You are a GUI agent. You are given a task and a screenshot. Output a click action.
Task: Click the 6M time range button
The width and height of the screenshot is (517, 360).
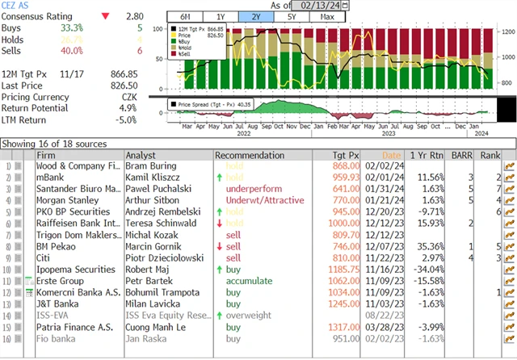[x=184, y=17]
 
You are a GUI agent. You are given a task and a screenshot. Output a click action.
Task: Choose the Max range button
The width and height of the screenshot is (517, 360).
[x=328, y=17]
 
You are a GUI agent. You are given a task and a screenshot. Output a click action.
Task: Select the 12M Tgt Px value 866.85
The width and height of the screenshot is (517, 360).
[x=126, y=73]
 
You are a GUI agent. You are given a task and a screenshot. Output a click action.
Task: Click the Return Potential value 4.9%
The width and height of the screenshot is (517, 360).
[x=129, y=107]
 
